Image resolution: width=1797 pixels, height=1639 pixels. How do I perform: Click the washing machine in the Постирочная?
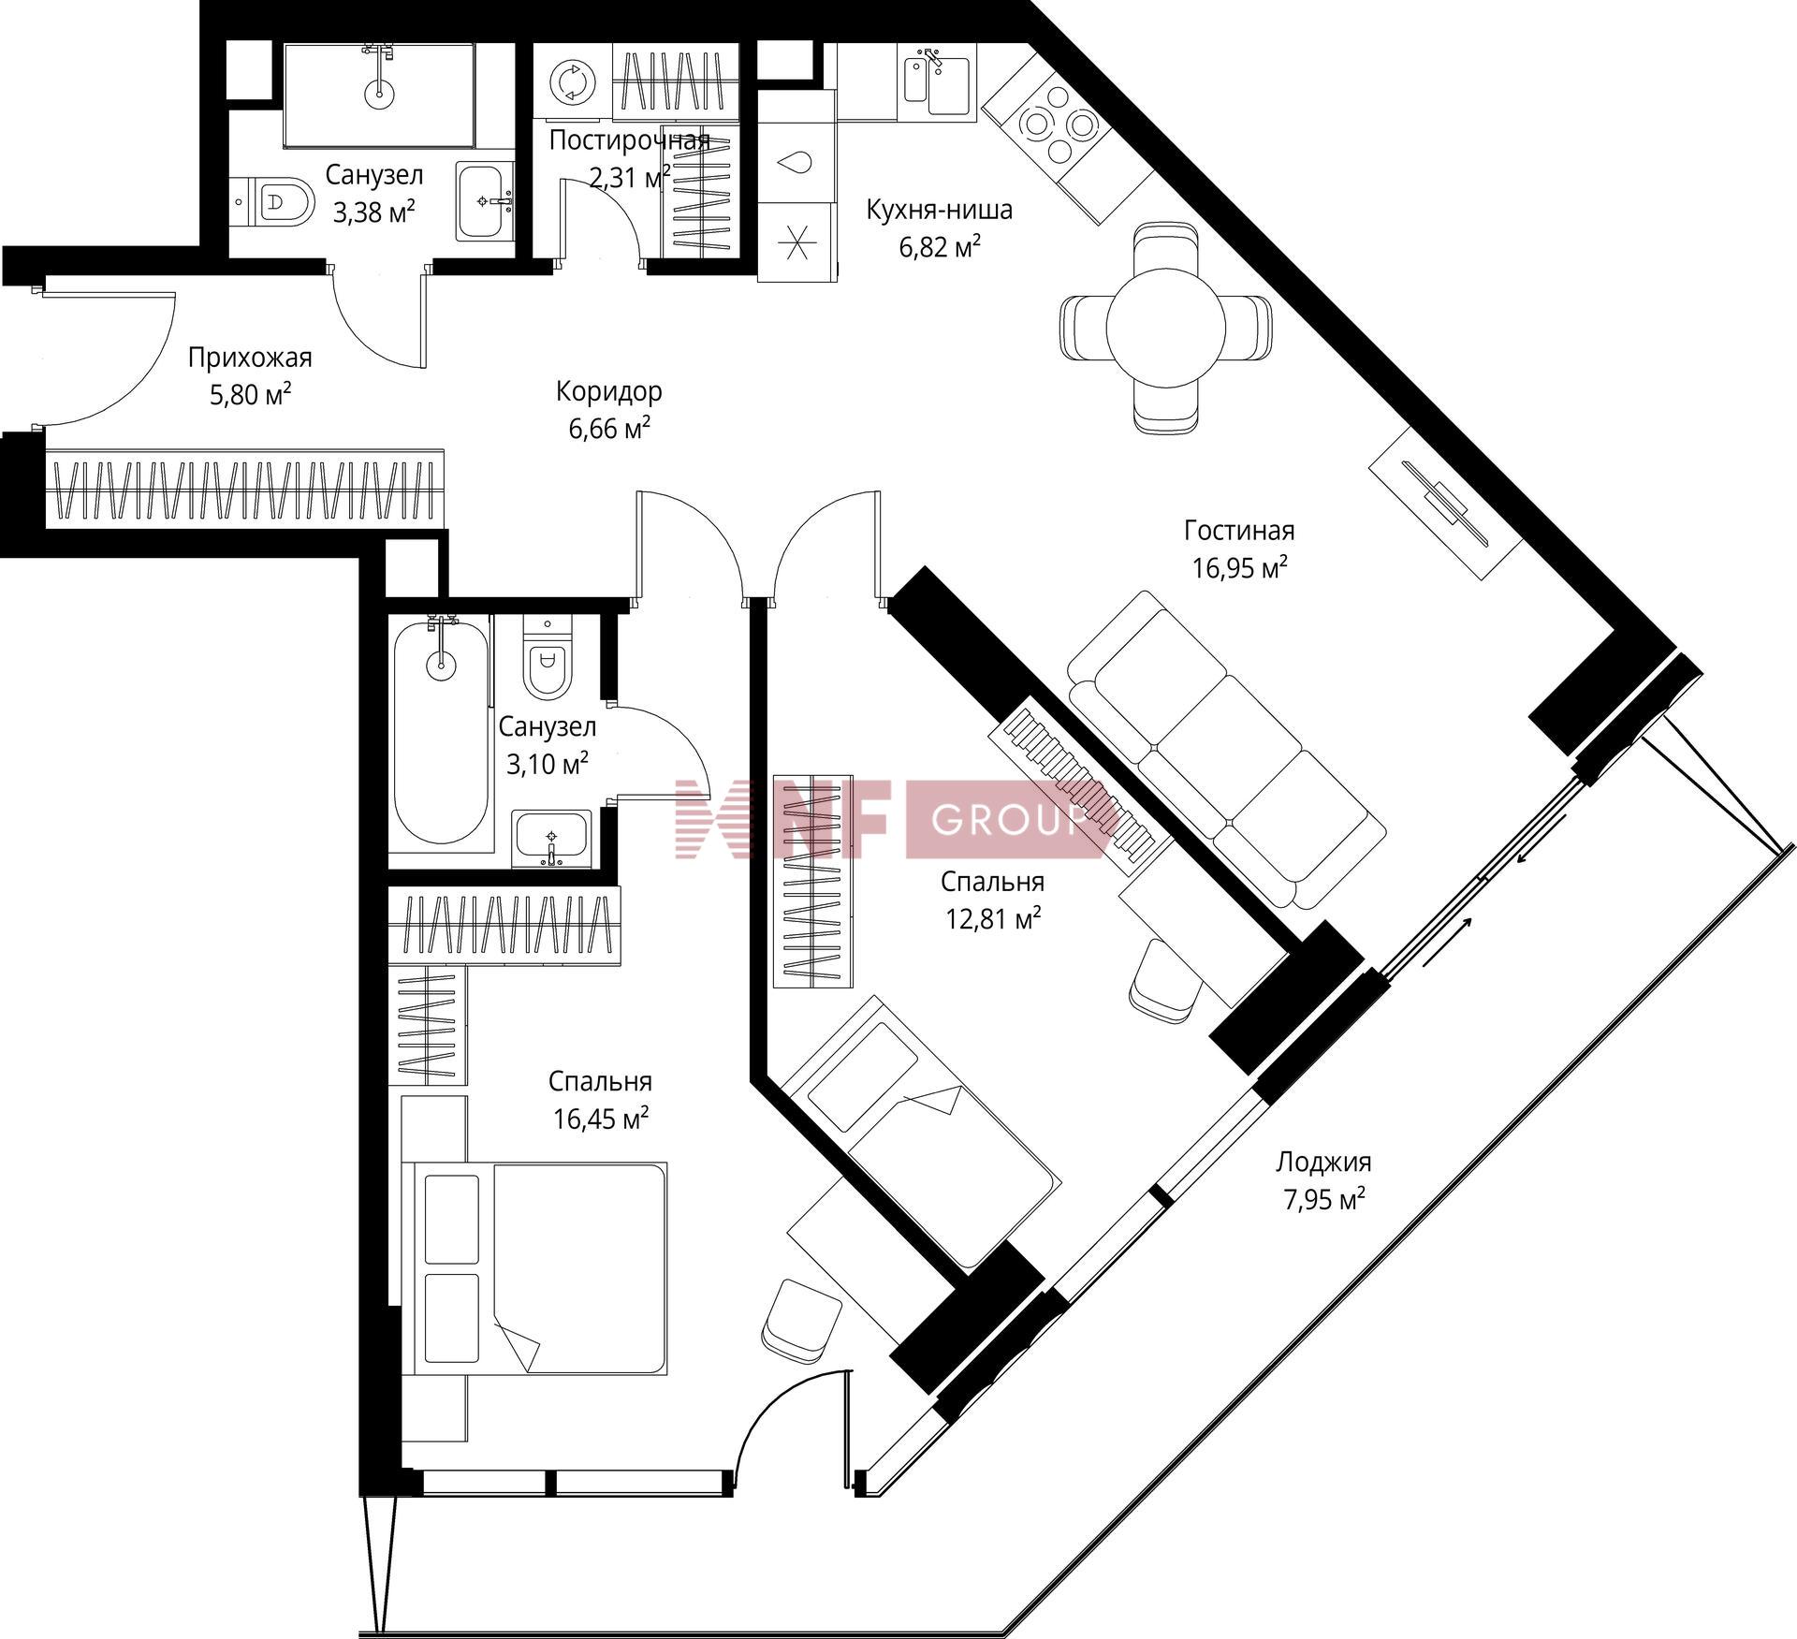click(572, 81)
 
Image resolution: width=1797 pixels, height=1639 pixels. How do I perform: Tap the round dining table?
click(1166, 327)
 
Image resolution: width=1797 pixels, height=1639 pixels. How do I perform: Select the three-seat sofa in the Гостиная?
click(1227, 749)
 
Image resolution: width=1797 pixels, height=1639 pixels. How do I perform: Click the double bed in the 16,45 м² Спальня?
click(534, 1268)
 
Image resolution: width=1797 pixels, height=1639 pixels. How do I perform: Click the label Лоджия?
click(1323, 1162)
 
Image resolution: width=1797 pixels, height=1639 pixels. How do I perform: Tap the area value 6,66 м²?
click(609, 429)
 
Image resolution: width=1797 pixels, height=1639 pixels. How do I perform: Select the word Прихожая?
click(250, 358)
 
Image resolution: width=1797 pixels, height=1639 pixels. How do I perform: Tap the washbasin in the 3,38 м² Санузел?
click(485, 201)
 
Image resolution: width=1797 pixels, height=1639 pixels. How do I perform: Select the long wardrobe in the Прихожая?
click(244, 490)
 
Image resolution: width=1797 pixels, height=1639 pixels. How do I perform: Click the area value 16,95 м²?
click(1239, 568)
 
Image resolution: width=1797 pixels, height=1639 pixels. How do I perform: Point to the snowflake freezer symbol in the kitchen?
click(796, 242)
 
